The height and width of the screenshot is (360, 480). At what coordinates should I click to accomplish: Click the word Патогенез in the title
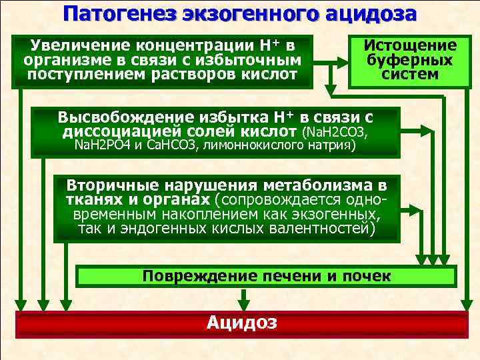(x=124, y=13)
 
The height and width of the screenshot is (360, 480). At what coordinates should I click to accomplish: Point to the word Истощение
(x=410, y=45)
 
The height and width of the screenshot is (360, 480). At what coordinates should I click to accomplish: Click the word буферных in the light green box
(x=410, y=59)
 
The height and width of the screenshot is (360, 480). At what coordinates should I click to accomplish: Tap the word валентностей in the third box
(x=321, y=229)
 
